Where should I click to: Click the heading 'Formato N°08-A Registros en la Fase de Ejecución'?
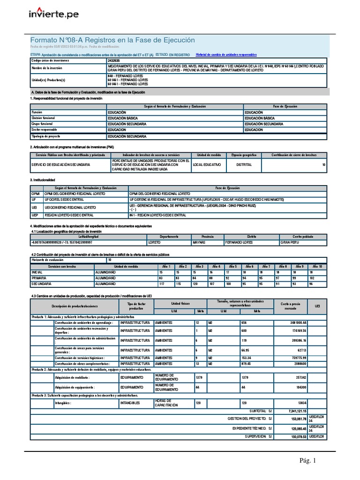112,40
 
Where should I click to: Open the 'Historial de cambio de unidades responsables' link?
226,55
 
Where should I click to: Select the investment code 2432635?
114,61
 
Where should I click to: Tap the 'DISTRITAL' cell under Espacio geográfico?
244,165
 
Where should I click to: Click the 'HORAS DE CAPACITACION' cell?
166,403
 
